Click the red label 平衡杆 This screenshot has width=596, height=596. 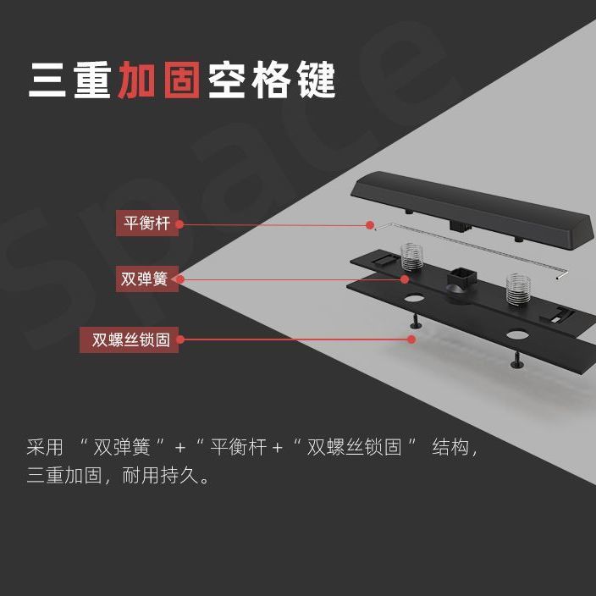[x=147, y=223]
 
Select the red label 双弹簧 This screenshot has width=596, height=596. [x=147, y=279]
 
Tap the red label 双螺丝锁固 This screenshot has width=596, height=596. [x=130, y=339]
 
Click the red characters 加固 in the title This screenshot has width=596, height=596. [x=159, y=80]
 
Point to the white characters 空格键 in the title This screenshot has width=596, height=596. [x=272, y=80]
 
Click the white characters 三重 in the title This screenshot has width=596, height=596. [x=70, y=80]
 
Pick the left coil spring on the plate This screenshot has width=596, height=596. [x=411, y=257]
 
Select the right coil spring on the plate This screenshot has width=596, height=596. [x=518, y=289]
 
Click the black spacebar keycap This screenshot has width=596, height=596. [x=472, y=209]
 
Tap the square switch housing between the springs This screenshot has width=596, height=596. [x=461, y=280]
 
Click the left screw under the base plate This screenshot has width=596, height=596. [x=415, y=321]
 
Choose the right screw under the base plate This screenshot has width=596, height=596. [x=517, y=361]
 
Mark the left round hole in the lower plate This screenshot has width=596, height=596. [x=414, y=297]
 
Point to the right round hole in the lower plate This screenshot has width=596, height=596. [x=517, y=335]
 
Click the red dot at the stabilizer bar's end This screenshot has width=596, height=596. [x=370, y=225]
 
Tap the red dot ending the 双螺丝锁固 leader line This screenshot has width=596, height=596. [x=411, y=339]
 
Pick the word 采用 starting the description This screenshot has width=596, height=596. [x=45, y=447]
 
